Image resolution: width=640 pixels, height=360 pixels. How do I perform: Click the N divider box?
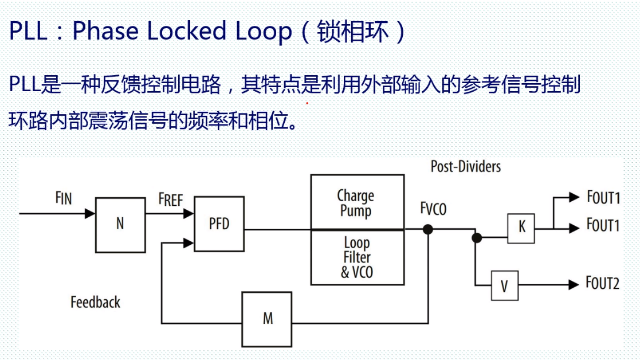[x=120, y=225]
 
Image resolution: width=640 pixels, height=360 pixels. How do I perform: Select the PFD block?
[x=219, y=224]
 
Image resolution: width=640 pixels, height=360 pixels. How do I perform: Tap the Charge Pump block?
[x=356, y=202]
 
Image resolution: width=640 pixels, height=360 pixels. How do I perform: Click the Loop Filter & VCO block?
[x=356, y=257]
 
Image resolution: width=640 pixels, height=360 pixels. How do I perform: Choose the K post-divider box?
[x=521, y=228]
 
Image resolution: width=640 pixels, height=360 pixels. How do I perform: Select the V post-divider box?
[x=504, y=285]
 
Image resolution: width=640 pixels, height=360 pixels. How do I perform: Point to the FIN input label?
[x=64, y=198]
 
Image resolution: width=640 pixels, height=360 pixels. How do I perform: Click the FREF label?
[x=170, y=200]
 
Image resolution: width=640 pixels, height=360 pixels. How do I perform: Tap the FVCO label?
[x=433, y=209]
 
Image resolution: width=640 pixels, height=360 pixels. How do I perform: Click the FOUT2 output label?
[x=602, y=283]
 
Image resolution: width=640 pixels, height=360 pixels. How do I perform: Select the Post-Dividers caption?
[x=465, y=166]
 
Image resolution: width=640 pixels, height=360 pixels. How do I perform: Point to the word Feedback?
[x=95, y=302]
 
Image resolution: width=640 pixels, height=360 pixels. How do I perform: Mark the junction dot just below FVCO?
[x=427, y=230]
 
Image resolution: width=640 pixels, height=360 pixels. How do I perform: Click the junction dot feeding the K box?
[x=476, y=237]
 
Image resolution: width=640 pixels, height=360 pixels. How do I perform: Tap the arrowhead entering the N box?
[x=90, y=214]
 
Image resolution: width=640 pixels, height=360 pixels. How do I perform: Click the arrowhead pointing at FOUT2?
[x=574, y=284]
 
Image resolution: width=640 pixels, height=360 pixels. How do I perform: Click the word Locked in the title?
[x=191, y=31]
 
